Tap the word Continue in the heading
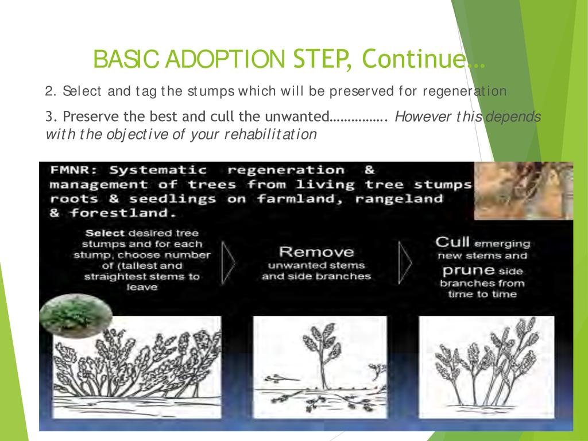pos(413,59)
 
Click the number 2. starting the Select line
pos(51,91)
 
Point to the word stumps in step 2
pos(211,91)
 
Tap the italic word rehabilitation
pos(270,134)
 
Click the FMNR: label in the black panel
pos(73,170)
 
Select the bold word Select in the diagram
pos(105,233)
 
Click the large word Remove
pos(316,252)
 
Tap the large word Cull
pos(452,242)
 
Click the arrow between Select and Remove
pos(229,263)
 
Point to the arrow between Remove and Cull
pos(405,263)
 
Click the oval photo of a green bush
pos(76,315)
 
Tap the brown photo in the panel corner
pos(524,191)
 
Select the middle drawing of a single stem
pos(320,366)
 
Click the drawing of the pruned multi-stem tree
pos(486,366)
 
